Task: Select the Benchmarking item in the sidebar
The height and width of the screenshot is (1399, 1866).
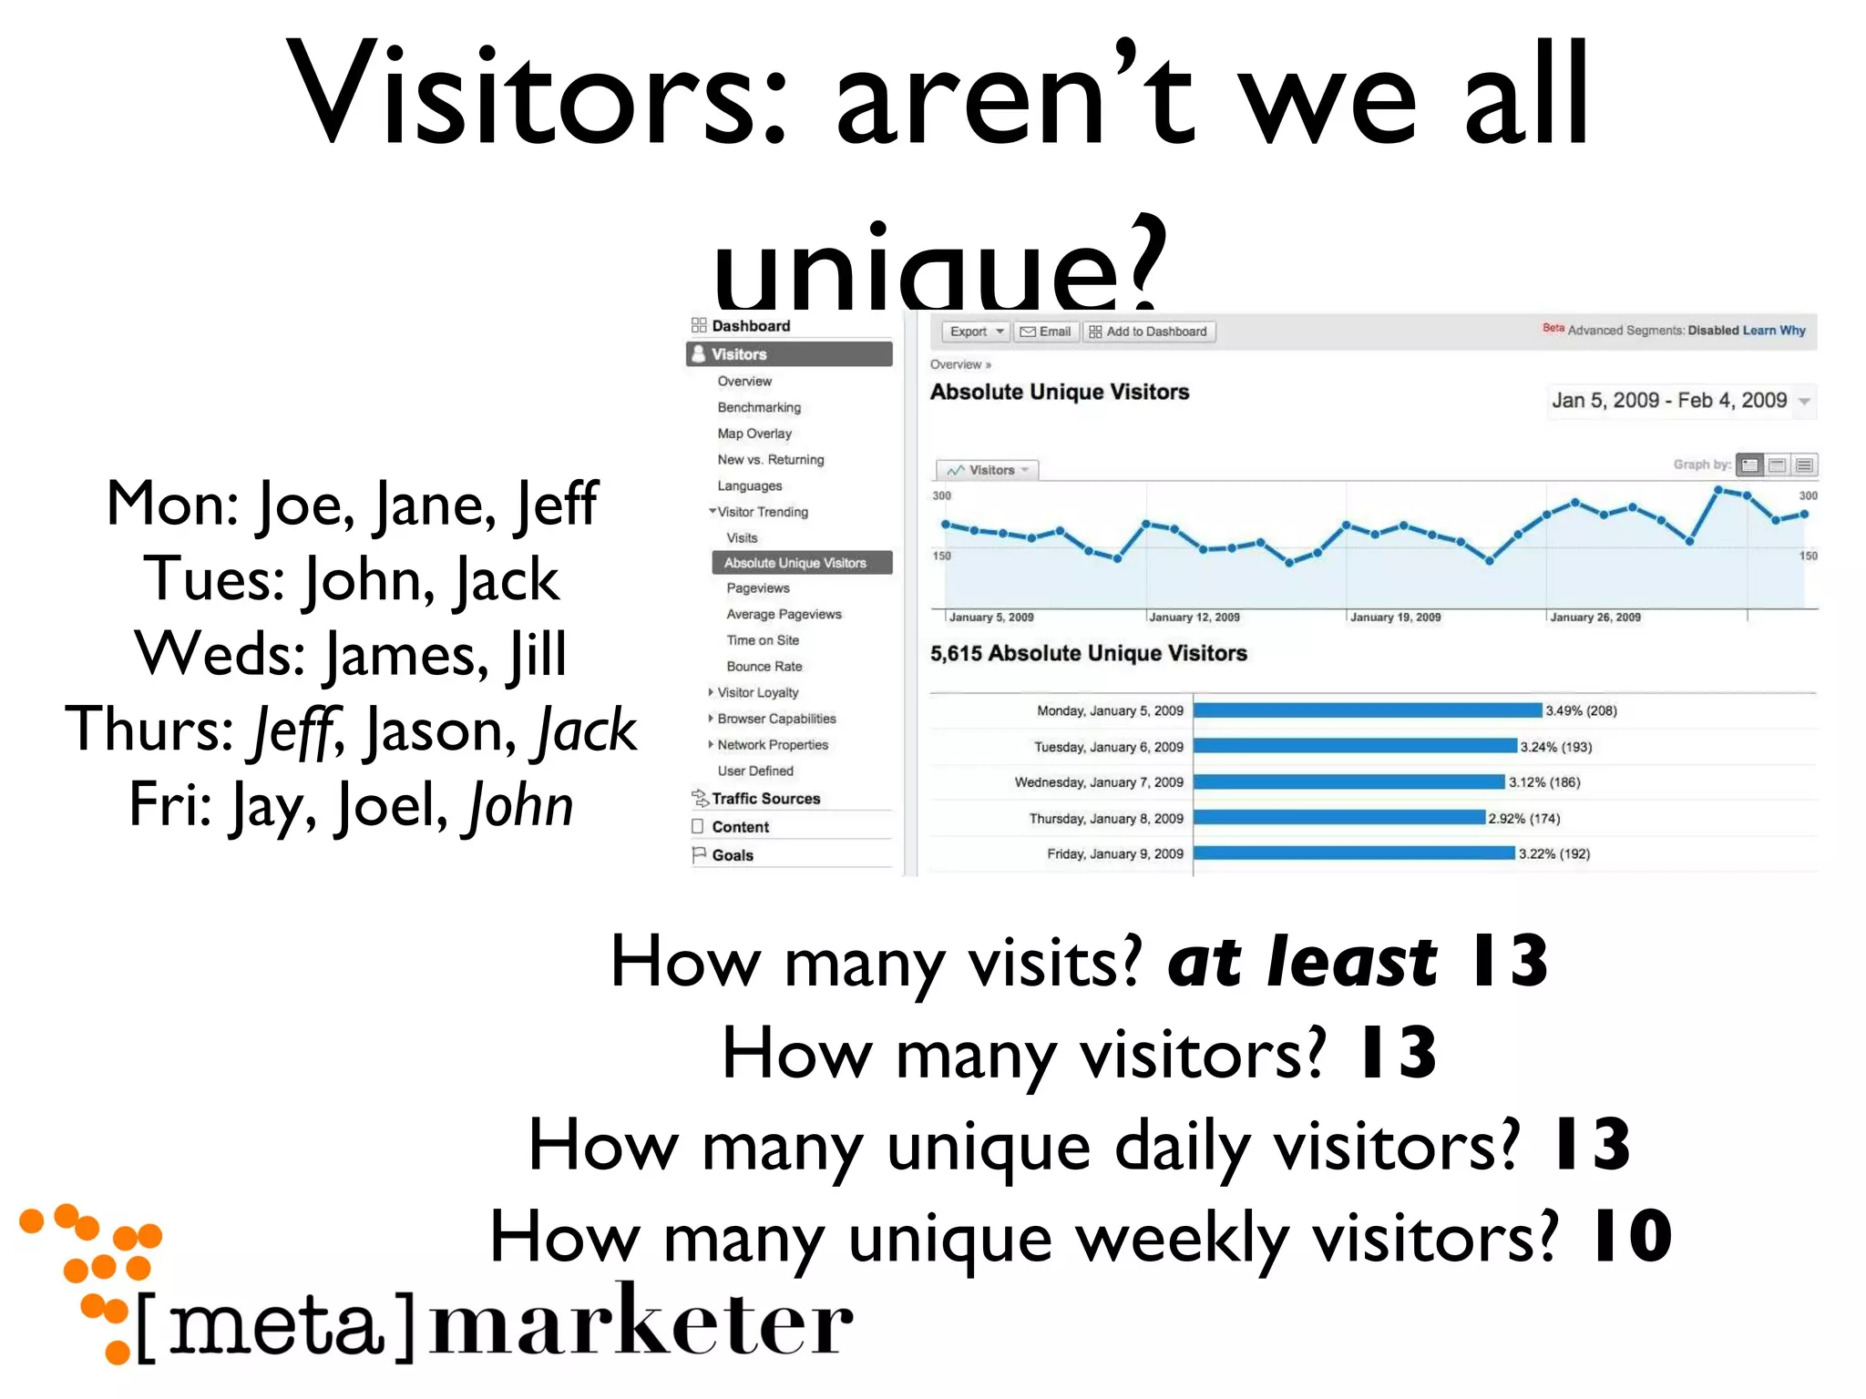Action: point(758,407)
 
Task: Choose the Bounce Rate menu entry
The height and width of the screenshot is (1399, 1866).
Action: point(764,666)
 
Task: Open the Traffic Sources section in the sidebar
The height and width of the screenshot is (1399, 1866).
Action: point(764,798)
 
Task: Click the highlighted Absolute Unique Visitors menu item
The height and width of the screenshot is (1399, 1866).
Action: point(795,563)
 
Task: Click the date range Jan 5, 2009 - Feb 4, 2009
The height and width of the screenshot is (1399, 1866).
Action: point(1669,400)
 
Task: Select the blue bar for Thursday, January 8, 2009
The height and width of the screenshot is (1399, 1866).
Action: point(1339,817)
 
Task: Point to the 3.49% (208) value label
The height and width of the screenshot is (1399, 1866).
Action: point(1581,710)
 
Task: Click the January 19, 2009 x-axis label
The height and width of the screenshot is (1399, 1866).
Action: point(1395,617)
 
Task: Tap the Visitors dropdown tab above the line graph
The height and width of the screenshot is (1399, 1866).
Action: point(988,470)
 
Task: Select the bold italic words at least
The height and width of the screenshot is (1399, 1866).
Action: point(1301,962)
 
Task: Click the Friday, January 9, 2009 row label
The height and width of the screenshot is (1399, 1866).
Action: point(1114,853)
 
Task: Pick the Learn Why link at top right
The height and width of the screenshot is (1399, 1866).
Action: point(1773,330)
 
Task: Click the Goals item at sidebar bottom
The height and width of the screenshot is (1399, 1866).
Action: point(732,855)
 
